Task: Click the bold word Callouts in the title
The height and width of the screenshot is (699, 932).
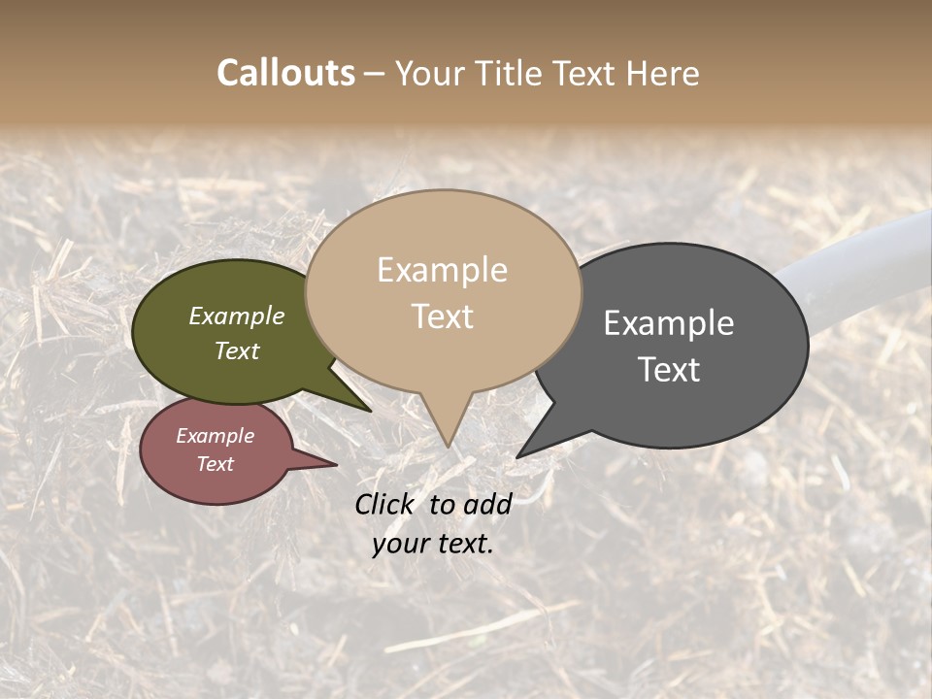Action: pos(285,73)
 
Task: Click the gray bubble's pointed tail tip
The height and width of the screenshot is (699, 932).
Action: pos(517,456)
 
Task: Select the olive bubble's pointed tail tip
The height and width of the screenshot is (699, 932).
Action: pos(370,411)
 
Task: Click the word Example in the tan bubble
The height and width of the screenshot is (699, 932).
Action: pos(442,270)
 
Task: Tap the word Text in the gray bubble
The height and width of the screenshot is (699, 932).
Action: pos(669,369)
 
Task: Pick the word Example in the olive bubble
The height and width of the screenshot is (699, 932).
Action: pos(237,316)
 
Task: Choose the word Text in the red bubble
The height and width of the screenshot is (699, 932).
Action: pos(216,464)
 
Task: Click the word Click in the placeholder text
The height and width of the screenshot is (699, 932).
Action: pos(384,504)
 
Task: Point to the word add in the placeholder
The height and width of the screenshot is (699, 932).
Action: pos(487,504)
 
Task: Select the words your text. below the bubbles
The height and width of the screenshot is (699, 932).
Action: pos(433,544)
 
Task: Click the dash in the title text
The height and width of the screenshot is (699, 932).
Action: pos(375,74)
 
